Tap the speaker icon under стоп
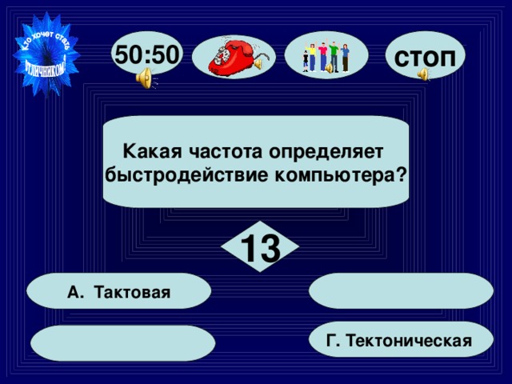click(422, 74)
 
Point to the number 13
click(259, 248)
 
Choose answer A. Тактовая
click(119, 291)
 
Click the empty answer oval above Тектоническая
click(400, 291)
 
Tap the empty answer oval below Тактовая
click(123, 342)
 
